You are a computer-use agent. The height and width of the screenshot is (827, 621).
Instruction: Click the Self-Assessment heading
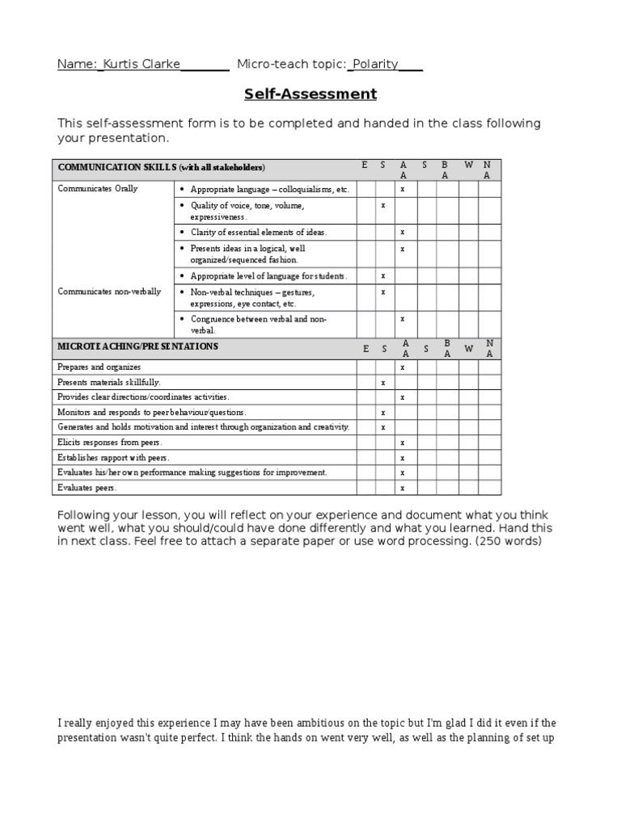click(310, 94)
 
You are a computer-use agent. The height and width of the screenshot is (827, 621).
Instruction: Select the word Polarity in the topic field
click(374, 64)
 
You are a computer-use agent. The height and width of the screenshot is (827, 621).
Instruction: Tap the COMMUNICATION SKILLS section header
click(161, 167)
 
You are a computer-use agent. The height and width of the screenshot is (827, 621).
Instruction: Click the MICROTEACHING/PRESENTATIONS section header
click(137, 346)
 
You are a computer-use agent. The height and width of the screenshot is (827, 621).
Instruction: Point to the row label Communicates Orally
click(98, 189)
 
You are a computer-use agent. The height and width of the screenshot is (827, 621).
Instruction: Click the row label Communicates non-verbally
click(109, 292)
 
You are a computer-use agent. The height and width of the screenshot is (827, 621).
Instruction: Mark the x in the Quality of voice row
click(383, 205)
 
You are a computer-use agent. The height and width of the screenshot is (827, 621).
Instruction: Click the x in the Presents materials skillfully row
click(383, 382)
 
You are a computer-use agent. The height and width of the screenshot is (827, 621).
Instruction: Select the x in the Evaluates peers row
click(403, 488)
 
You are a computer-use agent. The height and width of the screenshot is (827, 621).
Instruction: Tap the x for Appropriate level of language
click(383, 276)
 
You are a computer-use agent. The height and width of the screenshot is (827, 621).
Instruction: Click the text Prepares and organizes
click(99, 367)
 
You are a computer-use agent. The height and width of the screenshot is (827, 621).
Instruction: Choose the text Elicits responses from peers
click(110, 443)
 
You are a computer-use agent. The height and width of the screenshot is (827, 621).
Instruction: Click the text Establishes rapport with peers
click(113, 458)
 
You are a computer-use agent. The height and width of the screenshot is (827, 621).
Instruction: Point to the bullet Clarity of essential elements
click(258, 233)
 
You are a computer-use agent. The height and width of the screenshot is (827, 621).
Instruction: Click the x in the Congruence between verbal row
click(403, 319)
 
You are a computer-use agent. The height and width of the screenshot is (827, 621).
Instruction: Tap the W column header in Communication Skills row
click(468, 165)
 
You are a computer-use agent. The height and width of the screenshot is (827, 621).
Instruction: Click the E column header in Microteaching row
click(365, 349)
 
